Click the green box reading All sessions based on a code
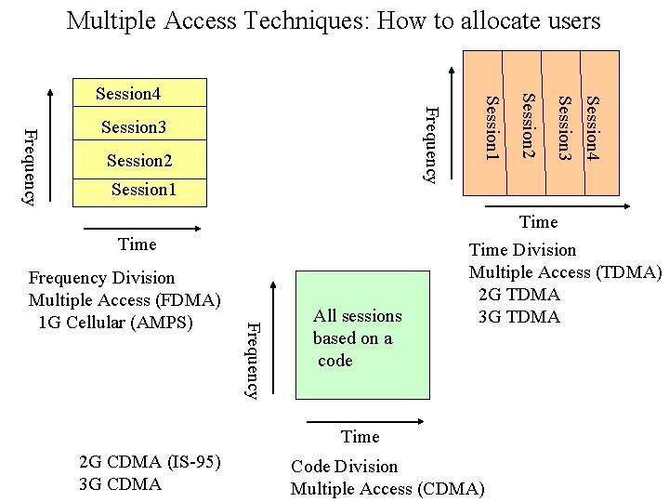click(361, 336)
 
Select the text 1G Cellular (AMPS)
click(116, 323)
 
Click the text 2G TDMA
click(519, 295)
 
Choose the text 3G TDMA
click(519, 317)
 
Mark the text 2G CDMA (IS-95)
click(151, 462)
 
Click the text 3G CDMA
click(121, 484)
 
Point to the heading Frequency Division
click(101, 278)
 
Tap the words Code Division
click(344, 467)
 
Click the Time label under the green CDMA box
click(360, 437)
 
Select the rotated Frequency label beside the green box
click(250, 359)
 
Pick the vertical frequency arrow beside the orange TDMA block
click(453, 121)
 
